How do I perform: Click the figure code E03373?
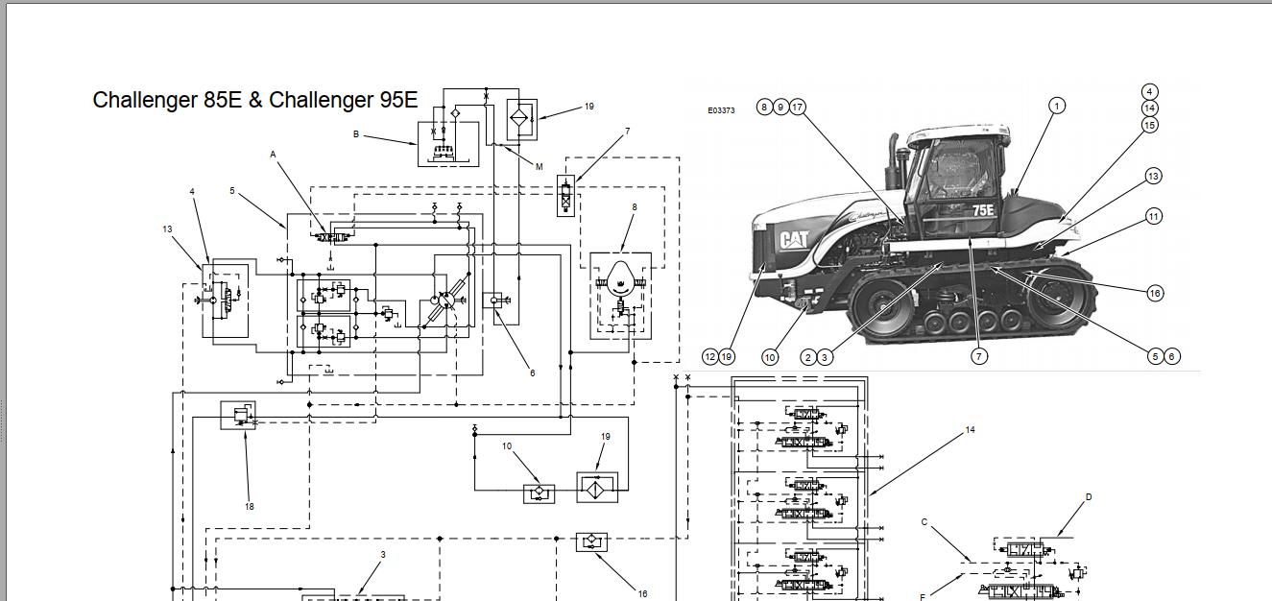click(x=721, y=110)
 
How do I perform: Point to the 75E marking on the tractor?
click(x=982, y=210)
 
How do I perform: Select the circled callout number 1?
click(x=1057, y=106)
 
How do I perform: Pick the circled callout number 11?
click(x=1154, y=217)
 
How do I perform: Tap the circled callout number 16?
click(x=1155, y=293)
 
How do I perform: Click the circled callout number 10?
click(x=770, y=357)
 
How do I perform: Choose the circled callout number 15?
click(x=1150, y=125)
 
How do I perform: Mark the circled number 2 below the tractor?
click(x=808, y=357)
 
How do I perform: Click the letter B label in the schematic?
click(x=356, y=134)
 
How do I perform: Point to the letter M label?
click(x=539, y=167)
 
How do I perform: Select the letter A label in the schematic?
click(x=273, y=155)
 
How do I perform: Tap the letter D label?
click(x=1089, y=497)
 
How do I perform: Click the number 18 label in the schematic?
click(x=250, y=507)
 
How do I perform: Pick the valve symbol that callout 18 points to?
click(x=238, y=415)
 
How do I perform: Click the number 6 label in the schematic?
click(x=533, y=373)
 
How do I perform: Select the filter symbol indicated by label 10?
click(x=538, y=493)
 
